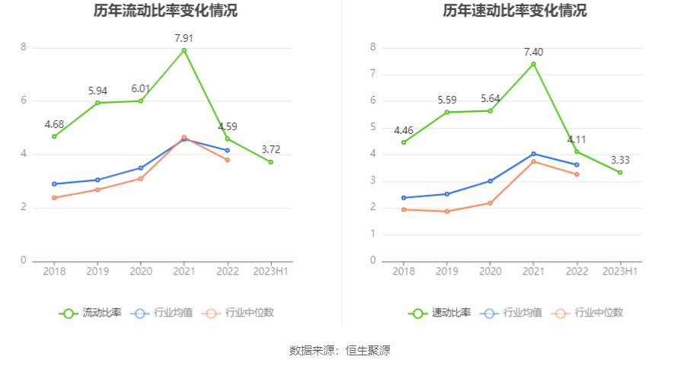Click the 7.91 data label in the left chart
click(x=184, y=37)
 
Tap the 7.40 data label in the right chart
click(x=533, y=51)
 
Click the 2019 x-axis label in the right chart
click(x=446, y=272)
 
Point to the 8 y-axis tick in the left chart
click(x=24, y=47)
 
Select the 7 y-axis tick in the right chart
click(x=373, y=74)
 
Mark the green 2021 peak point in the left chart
click(x=184, y=50)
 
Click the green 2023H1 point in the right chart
click(x=620, y=173)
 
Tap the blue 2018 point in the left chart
click(x=54, y=183)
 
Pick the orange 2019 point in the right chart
click(x=446, y=212)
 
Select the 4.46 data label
click(x=404, y=130)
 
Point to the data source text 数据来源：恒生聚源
click(x=340, y=351)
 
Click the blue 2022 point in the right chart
click(x=576, y=164)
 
